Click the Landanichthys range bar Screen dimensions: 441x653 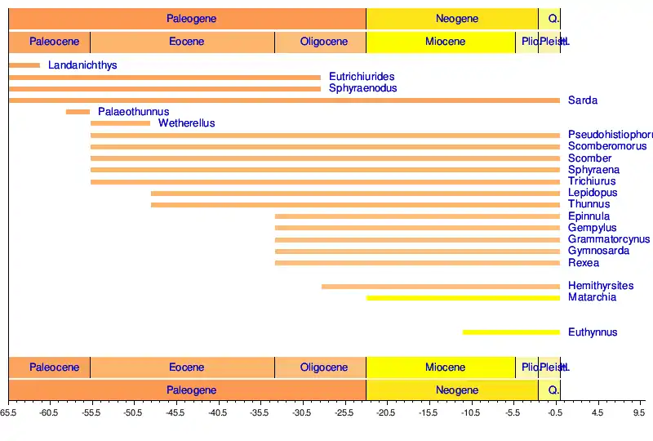click(x=24, y=65)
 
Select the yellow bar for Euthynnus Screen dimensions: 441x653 click(x=511, y=332)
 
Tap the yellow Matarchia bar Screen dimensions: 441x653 click(x=463, y=298)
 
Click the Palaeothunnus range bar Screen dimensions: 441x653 click(x=78, y=112)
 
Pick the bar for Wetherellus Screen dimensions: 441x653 click(x=121, y=123)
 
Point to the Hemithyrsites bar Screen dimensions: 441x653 click(x=441, y=287)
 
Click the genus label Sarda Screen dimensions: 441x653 click(x=583, y=100)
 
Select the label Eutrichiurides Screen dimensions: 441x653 click(x=362, y=77)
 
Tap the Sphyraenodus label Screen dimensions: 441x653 click(x=362, y=88)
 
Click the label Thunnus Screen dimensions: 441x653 click(x=589, y=204)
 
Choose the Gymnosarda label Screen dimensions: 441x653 click(x=598, y=251)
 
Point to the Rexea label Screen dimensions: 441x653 click(x=584, y=263)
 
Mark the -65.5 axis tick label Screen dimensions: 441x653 click(x=10, y=413)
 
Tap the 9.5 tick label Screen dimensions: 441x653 click(x=638, y=413)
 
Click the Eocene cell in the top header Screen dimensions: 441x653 click(x=182, y=42)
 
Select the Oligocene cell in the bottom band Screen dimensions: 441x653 click(x=323, y=367)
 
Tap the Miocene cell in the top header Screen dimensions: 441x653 click(x=445, y=42)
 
